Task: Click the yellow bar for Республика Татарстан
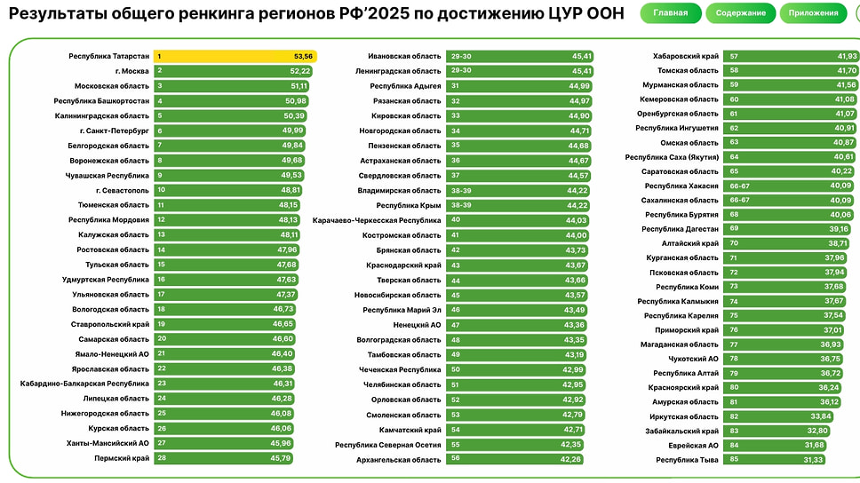coord(235,56)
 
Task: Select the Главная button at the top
coord(670,13)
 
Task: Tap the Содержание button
coord(740,13)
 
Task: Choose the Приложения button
coord(813,13)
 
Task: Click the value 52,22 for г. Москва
coord(300,71)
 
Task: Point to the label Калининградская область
coord(101,115)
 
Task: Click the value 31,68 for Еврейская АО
coord(814,445)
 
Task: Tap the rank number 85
coord(734,460)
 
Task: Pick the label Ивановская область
coord(404,56)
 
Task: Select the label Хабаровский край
coord(686,56)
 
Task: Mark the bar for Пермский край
coord(224,459)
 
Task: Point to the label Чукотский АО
coord(699,359)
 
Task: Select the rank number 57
coord(734,56)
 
